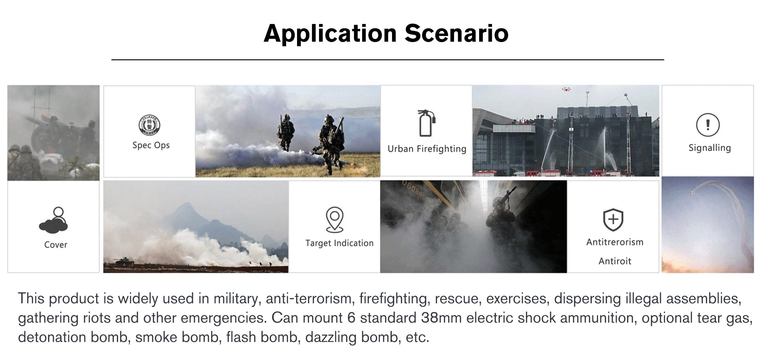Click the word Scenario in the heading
tap(457, 33)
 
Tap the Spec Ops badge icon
tap(149, 125)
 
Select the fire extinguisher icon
tap(426, 123)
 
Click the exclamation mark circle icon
tap(708, 125)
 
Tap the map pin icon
tap(335, 220)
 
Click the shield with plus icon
tap(613, 220)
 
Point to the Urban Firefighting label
tap(427, 149)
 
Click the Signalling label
tap(710, 148)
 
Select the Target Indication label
tap(339, 243)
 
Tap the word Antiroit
tap(615, 261)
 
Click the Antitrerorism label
tap(615, 242)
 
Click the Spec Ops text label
tap(151, 145)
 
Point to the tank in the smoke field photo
tap(124, 261)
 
